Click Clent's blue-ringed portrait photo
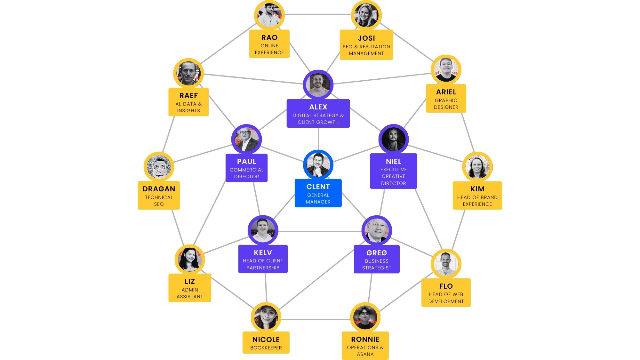click(x=318, y=165)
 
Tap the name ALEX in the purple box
click(x=318, y=107)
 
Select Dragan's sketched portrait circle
click(x=159, y=167)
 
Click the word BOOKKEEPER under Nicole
click(x=266, y=348)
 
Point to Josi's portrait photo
click(x=366, y=15)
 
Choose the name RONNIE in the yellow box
click(x=365, y=339)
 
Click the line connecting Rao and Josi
click(x=318, y=14)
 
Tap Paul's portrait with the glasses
click(x=246, y=140)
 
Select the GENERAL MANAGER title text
click(x=318, y=198)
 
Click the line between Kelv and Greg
click(x=320, y=231)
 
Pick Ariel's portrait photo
click(x=446, y=70)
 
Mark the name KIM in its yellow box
click(x=477, y=189)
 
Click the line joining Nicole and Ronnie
click(x=316, y=319)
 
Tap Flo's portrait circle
click(x=446, y=264)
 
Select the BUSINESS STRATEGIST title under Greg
click(x=377, y=264)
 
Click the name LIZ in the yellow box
click(x=189, y=281)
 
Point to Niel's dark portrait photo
click(x=393, y=140)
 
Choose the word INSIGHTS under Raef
click(x=188, y=111)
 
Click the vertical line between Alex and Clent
click(x=318, y=139)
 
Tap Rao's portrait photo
click(x=269, y=15)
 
